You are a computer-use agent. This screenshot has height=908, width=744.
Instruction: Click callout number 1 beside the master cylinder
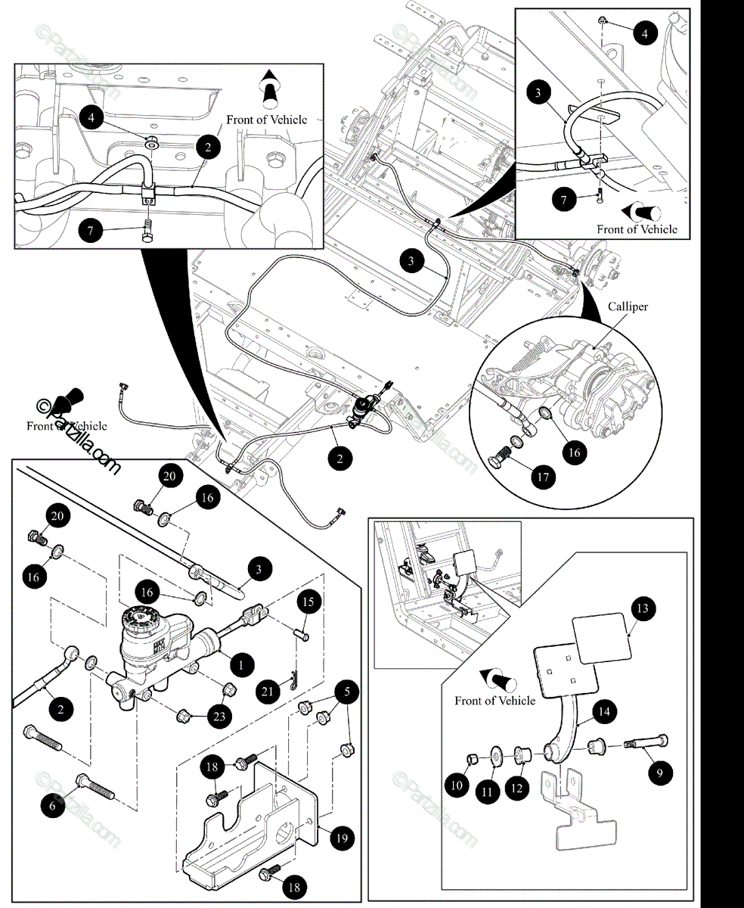240,665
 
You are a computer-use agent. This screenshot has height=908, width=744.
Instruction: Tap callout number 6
52,807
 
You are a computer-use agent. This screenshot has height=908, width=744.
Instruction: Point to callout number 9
659,773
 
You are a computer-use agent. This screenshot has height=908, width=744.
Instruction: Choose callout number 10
457,785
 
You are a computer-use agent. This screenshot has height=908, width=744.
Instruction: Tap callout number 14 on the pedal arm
606,711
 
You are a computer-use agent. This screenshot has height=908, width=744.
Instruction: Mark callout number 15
308,602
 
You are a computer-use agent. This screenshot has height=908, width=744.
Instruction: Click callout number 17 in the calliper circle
542,477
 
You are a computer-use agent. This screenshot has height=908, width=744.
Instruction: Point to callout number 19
341,838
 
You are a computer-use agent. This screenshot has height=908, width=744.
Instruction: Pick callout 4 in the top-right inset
645,33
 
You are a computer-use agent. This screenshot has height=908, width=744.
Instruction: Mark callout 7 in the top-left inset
91,230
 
